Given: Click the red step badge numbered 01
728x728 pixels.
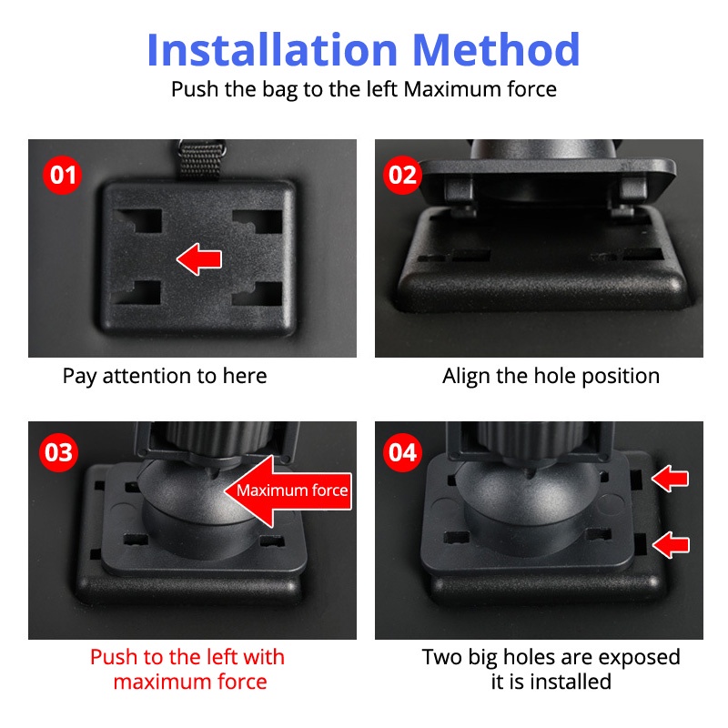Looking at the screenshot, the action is (x=62, y=175).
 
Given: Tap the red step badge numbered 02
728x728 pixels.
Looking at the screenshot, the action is (x=402, y=175).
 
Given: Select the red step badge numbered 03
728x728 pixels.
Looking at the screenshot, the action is (x=58, y=452).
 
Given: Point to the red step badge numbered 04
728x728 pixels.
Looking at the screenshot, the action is (x=402, y=452).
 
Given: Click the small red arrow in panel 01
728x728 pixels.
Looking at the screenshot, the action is (x=199, y=259).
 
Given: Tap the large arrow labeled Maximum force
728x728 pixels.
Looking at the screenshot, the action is (x=288, y=491).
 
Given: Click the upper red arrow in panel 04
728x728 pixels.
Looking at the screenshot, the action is (x=670, y=479).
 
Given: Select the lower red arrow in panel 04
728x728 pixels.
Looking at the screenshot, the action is (x=671, y=544).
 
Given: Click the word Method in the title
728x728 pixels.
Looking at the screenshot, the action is (x=496, y=50).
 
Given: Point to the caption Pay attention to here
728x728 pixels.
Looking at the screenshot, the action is (x=165, y=377).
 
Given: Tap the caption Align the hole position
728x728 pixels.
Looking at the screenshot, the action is (x=551, y=377).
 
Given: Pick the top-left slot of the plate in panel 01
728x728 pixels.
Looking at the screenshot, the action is (x=140, y=220).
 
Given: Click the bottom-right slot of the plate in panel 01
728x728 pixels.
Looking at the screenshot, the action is (x=258, y=293).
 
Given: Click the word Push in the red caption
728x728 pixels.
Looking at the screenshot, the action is (x=114, y=657).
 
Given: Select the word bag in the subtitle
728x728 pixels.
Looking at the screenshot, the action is (x=279, y=90).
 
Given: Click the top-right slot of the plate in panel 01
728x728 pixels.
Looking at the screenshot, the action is (x=258, y=221).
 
